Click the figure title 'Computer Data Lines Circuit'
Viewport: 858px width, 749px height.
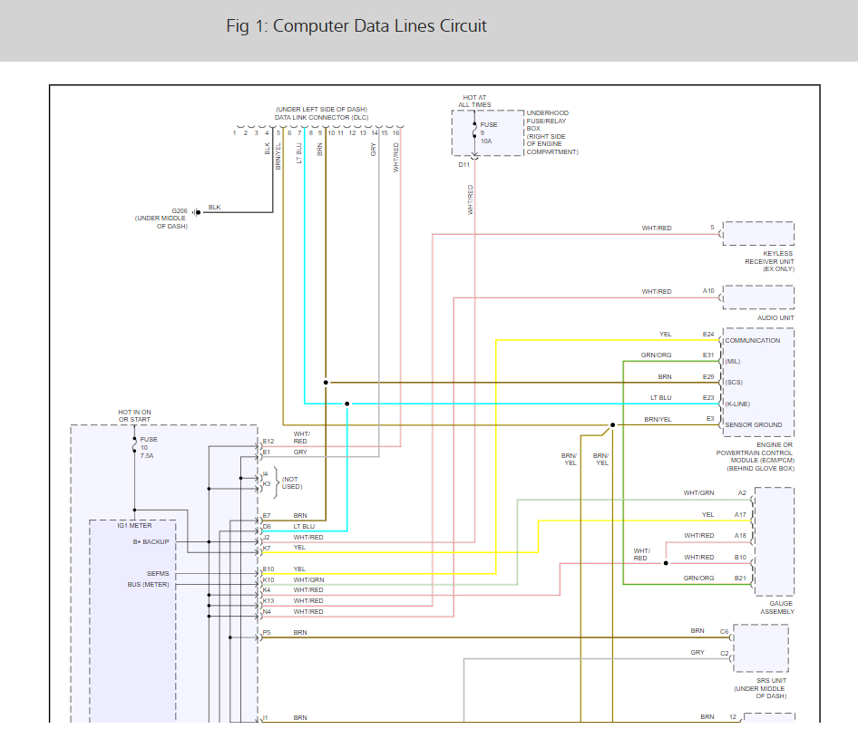(x=356, y=26)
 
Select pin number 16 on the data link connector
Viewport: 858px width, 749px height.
(x=396, y=133)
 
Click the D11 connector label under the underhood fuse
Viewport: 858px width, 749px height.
(x=464, y=164)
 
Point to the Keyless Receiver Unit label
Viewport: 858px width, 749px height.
(x=769, y=258)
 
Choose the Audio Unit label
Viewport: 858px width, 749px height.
(x=775, y=318)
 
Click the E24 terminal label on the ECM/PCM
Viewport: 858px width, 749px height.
(x=708, y=335)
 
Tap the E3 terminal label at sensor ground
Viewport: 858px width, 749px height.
(x=710, y=419)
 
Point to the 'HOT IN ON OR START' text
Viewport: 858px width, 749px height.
(x=134, y=416)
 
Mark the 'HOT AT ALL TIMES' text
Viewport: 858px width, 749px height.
(x=474, y=101)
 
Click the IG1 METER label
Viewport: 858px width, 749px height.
(x=134, y=525)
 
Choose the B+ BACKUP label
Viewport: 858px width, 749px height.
(x=151, y=542)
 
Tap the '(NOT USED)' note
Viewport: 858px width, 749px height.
(x=289, y=483)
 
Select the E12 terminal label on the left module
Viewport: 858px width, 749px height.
(x=268, y=442)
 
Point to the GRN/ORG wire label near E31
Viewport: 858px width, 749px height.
(x=656, y=355)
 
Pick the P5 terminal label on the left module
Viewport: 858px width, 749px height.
(x=267, y=632)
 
